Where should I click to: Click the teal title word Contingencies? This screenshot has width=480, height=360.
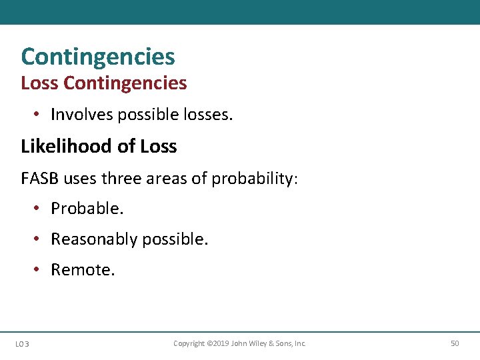98,57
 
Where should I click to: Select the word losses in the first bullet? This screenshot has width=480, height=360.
208,115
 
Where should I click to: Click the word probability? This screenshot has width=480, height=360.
253,179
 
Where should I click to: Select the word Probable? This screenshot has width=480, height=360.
87,208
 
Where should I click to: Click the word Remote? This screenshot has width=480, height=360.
83,269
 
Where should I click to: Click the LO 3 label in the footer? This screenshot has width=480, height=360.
22,343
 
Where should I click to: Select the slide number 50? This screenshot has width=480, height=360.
455,343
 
